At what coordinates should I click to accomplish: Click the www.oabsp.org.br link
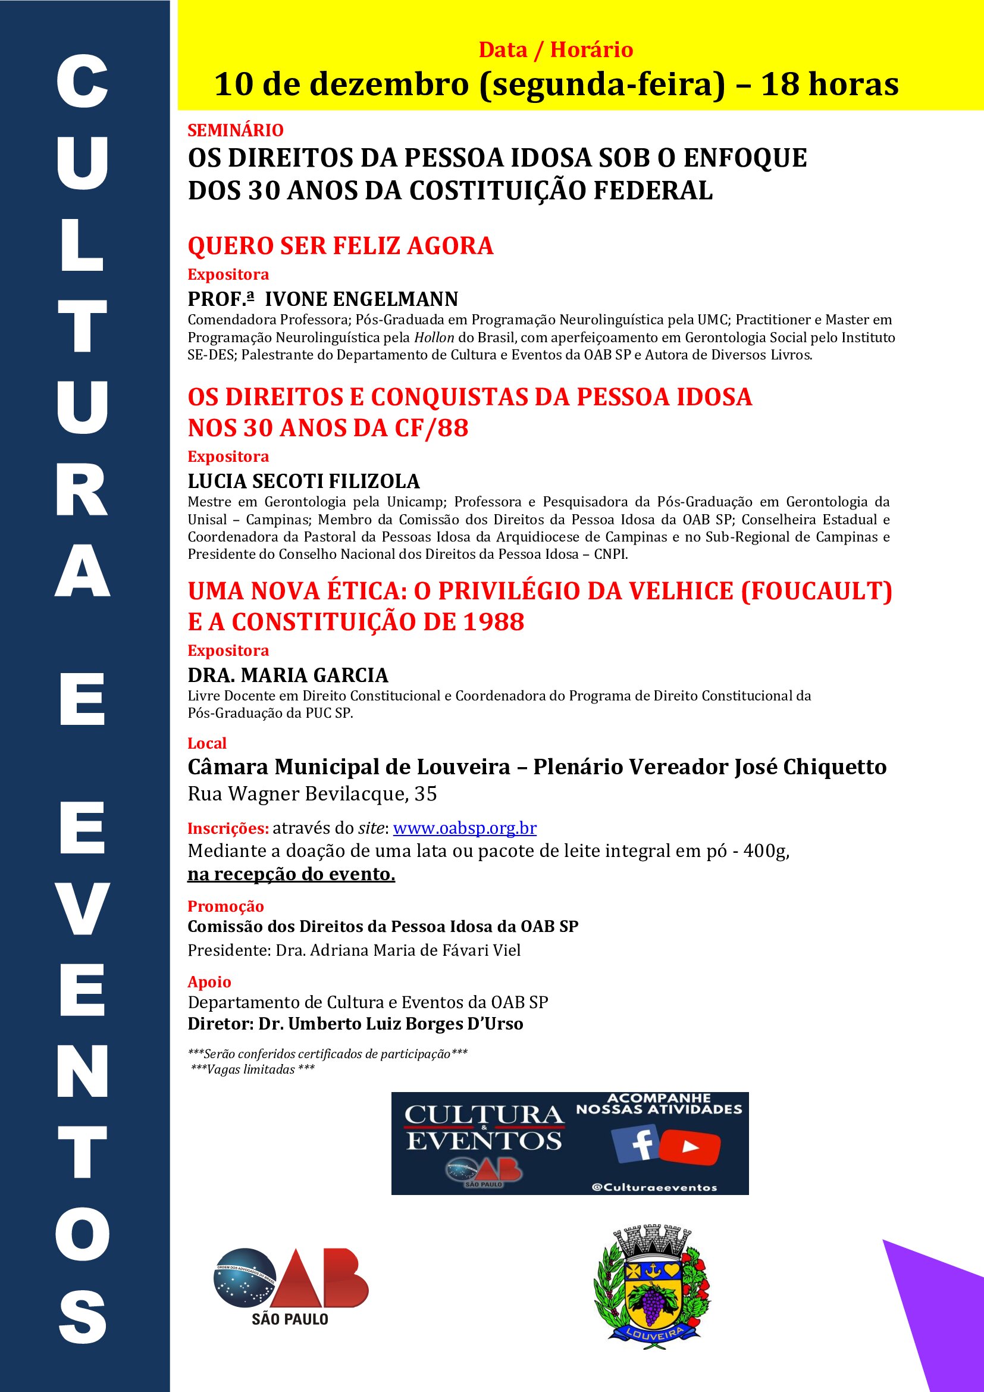click(x=465, y=828)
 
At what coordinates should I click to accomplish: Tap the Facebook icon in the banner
click(x=634, y=1143)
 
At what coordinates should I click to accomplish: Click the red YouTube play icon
click(x=690, y=1146)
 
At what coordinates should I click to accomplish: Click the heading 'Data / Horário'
click(x=556, y=50)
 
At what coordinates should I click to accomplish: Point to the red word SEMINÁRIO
click(x=235, y=130)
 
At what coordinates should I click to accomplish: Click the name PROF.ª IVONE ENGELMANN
click(x=322, y=299)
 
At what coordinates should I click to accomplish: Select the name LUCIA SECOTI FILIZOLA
click(x=303, y=481)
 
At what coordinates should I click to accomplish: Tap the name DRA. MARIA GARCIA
click(x=288, y=675)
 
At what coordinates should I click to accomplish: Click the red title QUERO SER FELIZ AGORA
click(x=340, y=246)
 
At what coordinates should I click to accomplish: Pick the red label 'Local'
click(x=206, y=743)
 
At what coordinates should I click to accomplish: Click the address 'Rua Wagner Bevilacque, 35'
click(x=312, y=794)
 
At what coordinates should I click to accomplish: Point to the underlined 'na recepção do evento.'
click(x=291, y=874)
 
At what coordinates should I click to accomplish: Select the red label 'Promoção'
click(x=225, y=906)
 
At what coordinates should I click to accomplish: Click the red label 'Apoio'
click(x=209, y=981)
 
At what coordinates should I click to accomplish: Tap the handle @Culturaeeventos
click(x=654, y=1188)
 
